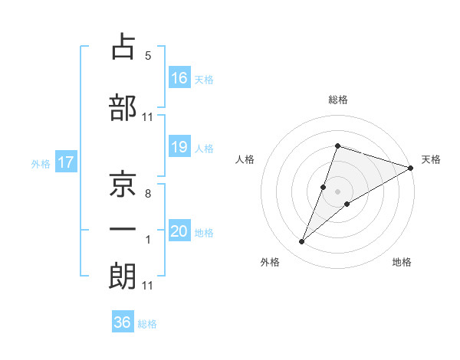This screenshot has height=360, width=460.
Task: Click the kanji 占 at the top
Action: (123, 47)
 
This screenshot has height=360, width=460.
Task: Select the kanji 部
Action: (123, 106)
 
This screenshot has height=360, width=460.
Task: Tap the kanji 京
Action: (123, 184)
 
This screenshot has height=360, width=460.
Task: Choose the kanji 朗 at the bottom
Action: (123, 276)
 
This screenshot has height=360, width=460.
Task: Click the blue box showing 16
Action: (179, 78)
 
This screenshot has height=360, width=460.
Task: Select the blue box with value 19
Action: (179, 148)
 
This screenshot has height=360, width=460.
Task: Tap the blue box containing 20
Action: (179, 232)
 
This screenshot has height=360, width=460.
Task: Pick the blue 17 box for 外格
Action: (66, 163)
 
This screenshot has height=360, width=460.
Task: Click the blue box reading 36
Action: (123, 322)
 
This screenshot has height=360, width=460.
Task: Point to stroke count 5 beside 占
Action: (147, 56)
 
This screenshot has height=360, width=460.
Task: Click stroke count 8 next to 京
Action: (147, 195)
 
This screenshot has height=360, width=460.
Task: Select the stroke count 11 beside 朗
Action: (147, 286)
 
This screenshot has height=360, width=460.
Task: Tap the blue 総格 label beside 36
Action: (147, 324)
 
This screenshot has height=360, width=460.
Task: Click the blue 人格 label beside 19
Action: (203, 149)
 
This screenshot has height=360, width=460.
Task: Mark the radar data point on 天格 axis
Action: (411, 169)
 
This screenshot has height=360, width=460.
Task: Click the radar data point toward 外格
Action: (302, 242)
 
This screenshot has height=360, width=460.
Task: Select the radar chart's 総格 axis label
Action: (338, 100)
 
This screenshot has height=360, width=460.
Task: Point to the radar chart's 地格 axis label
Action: (402, 263)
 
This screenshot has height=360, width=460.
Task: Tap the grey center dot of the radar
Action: (338, 191)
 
